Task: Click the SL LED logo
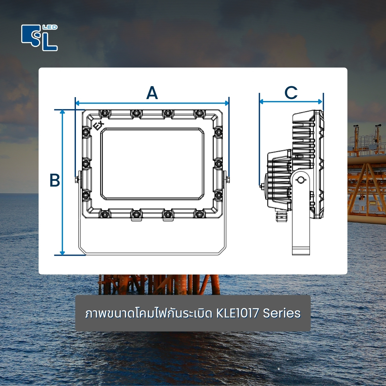[x=39, y=38]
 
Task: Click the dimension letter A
[x=152, y=93]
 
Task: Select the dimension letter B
[x=55, y=180]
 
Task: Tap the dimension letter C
[x=291, y=93]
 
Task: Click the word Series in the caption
[x=282, y=313]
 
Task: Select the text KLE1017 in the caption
[x=238, y=313]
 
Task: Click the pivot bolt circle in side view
[x=301, y=180]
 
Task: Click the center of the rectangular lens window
[x=152, y=164]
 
